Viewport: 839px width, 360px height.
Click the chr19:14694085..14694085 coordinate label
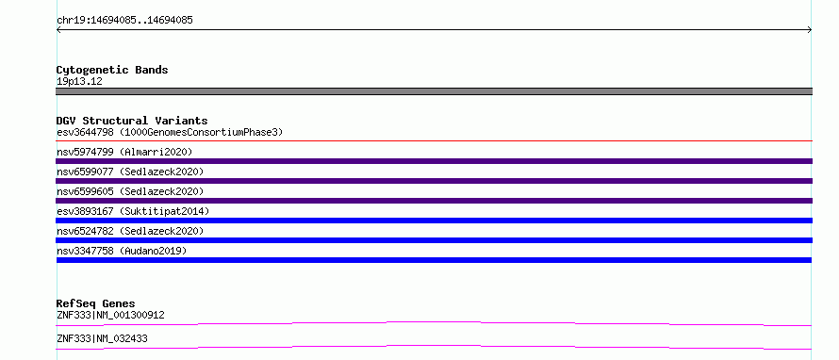(124, 21)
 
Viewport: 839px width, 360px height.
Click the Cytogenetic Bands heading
(112, 70)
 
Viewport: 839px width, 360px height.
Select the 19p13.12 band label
(79, 82)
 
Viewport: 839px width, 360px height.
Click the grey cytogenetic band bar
(434, 91)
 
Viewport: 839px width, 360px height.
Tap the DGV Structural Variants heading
(132, 121)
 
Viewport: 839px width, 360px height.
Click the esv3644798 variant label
(85, 132)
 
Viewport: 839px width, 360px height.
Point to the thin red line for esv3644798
(434, 141)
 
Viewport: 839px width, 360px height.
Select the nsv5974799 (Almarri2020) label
(124, 152)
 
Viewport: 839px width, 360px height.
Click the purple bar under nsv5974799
(434, 161)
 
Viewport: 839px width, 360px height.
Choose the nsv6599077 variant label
(85, 172)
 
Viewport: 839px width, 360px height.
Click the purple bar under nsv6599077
(434, 181)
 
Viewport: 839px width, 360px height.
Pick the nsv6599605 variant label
(85, 191)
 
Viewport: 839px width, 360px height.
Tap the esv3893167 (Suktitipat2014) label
(133, 211)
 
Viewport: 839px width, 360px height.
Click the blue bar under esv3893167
(434, 221)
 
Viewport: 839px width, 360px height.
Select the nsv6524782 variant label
(85, 231)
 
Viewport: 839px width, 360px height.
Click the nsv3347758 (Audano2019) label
(122, 251)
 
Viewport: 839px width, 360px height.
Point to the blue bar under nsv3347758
(434, 260)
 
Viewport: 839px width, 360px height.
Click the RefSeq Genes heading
(96, 303)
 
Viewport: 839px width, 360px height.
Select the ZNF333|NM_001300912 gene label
(110, 315)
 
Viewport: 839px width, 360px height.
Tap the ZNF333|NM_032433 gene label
(102, 338)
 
